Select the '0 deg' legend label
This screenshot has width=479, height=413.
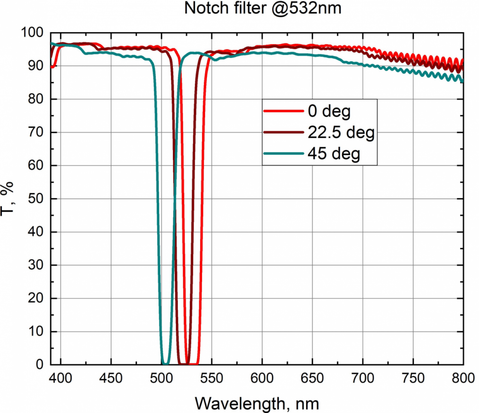[329, 112]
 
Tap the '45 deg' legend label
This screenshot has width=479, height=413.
[334, 155]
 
